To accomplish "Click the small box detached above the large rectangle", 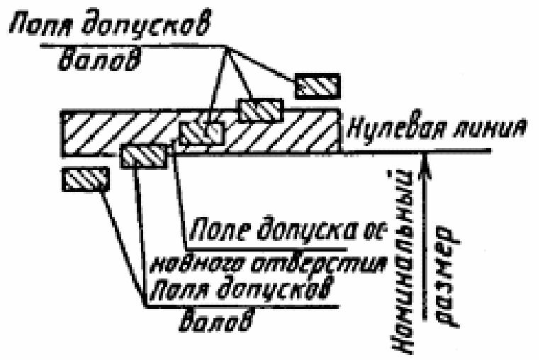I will click(x=318, y=85).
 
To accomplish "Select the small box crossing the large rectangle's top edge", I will click(x=260, y=111).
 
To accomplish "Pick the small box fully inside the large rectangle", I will click(x=201, y=133).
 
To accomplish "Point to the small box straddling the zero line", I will click(x=144, y=154).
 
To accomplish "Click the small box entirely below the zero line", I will click(x=84, y=180).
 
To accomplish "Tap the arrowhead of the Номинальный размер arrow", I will click(x=424, y=162).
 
